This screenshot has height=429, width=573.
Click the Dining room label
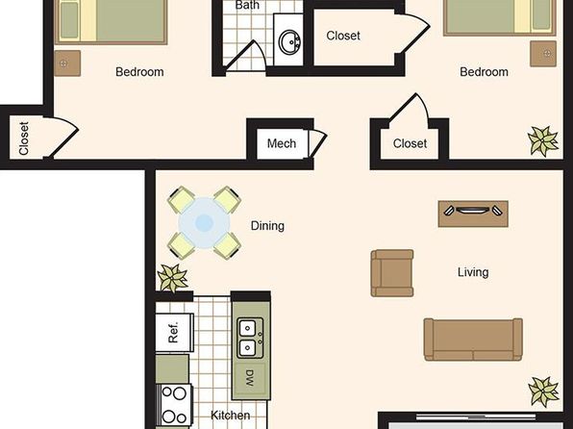(x=267, y=226)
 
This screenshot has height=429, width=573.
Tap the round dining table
(x=204, y=223)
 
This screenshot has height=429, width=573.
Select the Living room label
(x=473, y=272)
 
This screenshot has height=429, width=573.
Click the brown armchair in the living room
(x=392, y=273)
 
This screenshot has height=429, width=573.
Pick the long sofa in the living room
(x=473, y=340)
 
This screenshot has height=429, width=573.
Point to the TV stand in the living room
(x=473, y=214)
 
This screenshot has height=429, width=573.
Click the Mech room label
(x=282, y=143)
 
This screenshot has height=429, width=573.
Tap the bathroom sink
(x=289, y=42)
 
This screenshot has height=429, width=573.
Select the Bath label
(x=247, y=5)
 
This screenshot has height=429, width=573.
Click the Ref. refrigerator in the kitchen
(x=174, y=333)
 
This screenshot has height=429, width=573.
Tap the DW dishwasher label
(x=249, y=378)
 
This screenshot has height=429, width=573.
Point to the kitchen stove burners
(x=174, y=405)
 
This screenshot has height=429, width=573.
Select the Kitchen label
(x=230, y=416)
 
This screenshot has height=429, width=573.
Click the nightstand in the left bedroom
(x=67, y=63)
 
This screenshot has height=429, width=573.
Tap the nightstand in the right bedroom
(x=543, y=54)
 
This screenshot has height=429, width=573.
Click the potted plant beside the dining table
(x=172, y=278)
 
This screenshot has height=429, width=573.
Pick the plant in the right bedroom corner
(x=543, y=140)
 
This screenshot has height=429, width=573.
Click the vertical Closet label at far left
(x=23, y=139)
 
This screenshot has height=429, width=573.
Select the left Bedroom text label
(x=139, y=72)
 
